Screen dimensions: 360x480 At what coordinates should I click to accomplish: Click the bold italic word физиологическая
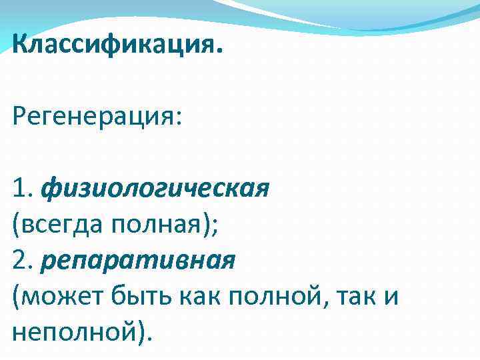[x=155, y=189]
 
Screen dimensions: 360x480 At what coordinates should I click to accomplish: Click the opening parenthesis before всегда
[x=15, y=225]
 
